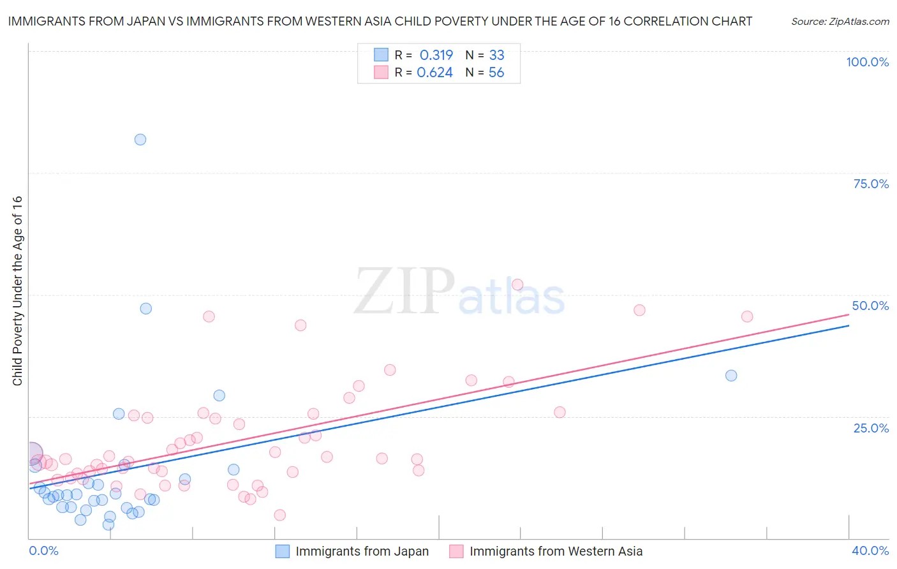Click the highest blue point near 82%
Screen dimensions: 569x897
pos(140,140)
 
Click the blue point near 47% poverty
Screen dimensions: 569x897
pos(146,309)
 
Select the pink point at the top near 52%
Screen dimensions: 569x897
pos(517,285)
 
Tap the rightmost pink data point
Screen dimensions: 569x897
pos(747,316)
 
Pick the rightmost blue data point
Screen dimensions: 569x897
pos(731,376)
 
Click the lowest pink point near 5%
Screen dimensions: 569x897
pos(279,515)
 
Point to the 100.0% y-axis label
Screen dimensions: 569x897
pos(867,62)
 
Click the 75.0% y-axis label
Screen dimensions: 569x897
pos(871,184)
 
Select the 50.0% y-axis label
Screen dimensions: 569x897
pos(870,306)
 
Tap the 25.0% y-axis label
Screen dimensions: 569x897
pos(871,428)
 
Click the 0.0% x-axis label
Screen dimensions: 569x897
pos(44,551)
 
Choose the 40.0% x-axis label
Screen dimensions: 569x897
pos(870,551)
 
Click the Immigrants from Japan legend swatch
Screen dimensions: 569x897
pos(282,551)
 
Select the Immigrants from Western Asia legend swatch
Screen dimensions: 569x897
pos(456,551)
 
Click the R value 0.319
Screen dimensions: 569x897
pos(436,55)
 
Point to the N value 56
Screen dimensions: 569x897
pos(496,73)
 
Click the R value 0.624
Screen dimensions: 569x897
pos(434,73)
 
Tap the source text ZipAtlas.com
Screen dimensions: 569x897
pos(840,22)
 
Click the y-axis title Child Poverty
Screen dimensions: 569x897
pos(17,290)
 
